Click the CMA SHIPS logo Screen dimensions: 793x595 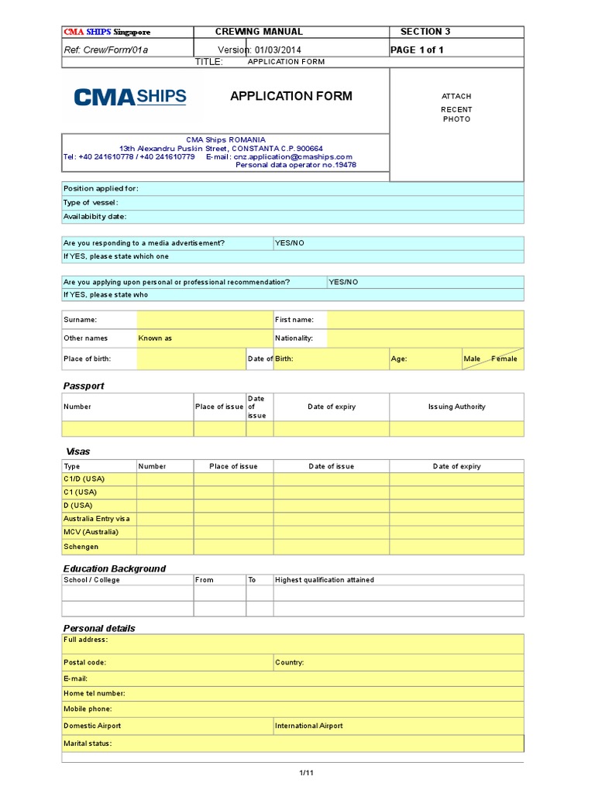click(130, 97)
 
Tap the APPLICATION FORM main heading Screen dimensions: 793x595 click(291, 96)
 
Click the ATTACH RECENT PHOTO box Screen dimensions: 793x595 click(456, 108)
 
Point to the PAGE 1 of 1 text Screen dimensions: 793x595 click(417, 50)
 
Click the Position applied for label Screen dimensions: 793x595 click(101, 188)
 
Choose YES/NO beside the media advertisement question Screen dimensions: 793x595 click(290, 243)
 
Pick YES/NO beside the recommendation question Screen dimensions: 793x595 click(343, 282)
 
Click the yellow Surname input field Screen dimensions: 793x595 click(204, 319)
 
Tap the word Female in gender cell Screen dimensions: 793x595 click(504, 359)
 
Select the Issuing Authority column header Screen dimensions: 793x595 click(456, 407)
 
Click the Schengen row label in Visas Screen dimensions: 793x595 click(81, 547)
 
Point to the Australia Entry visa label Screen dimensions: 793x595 click(97, 519)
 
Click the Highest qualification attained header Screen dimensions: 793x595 click(325, 579)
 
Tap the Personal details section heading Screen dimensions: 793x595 click(99, 628)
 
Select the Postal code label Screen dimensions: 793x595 click(85, 662)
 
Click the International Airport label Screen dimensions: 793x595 click(309, 726)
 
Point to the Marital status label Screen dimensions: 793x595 click(88, 743)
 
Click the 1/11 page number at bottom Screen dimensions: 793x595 click(306, 773)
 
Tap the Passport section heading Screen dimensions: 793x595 click(83, 386)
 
